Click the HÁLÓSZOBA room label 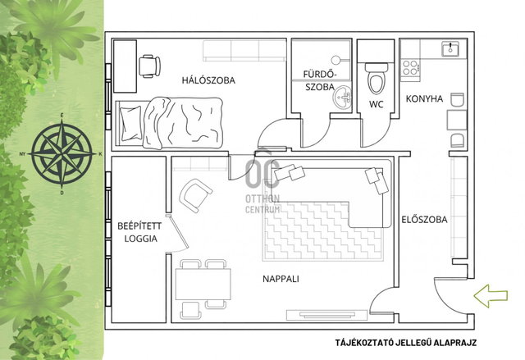point(208,80)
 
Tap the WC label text point(377,104)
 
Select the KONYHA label point(424,98)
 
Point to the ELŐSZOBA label point(424,220)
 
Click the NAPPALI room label point(281,279)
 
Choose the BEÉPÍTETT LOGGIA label point(139,232)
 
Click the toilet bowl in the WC point(376,79)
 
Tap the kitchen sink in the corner point(450,49)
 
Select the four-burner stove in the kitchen point(410,67)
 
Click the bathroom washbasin point(342,98)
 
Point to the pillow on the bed point(131,123)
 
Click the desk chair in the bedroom point(149,66)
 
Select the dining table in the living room point(203,285)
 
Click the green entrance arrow point(491,295)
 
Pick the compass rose point(62,154)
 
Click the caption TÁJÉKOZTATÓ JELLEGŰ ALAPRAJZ point(406,343)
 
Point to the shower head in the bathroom point(336,60)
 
